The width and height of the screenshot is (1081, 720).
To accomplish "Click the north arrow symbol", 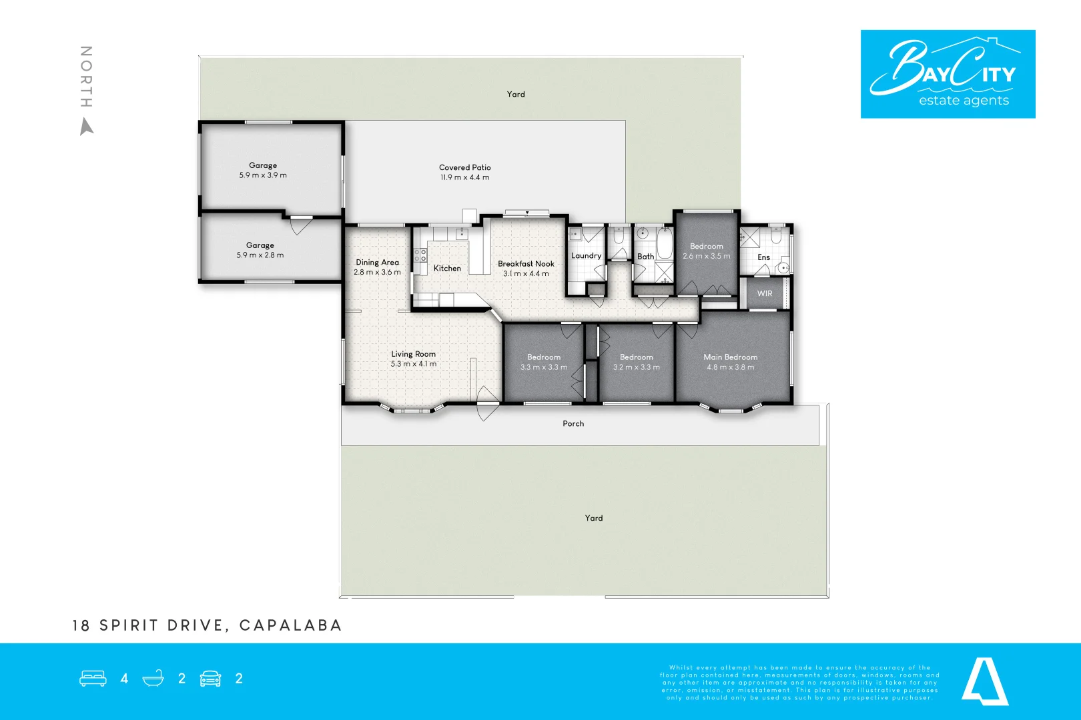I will click(87, 126).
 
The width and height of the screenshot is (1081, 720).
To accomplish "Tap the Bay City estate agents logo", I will click(948, 74).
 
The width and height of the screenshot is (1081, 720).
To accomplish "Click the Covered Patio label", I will click(465, 167).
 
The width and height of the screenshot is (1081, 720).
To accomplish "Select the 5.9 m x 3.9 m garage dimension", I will click(263, 175).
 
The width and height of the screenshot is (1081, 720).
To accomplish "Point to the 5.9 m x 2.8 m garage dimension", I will click(260, 255).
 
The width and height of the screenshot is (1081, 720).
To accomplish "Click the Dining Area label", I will click(377, 262).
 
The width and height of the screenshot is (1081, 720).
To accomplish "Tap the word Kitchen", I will click(447, 268).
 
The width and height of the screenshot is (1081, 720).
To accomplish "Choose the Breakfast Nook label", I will click(526, 263).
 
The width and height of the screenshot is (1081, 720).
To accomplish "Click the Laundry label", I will click(586, 255).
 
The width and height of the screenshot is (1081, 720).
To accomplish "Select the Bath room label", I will click(645, 256).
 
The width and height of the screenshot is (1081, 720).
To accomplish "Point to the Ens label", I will click(763, 257).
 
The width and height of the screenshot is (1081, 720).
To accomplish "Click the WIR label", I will click(765, 293).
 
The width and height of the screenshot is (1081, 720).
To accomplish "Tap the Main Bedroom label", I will click(730, 357).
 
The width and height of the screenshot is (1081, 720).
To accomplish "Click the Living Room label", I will click(413, 354).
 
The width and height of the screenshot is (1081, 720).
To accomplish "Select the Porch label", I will click(573, 423).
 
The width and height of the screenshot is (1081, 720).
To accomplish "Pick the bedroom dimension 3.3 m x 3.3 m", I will click(544, 367).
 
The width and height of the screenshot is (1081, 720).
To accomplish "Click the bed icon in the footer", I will click(93, 679).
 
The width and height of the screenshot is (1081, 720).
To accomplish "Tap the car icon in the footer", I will click(210, 679).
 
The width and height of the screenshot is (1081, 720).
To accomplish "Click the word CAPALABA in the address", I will click(290, 625).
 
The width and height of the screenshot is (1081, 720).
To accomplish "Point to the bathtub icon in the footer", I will click(153, 679).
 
